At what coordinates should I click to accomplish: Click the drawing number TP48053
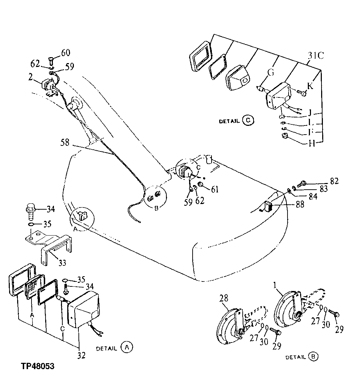point(37,366)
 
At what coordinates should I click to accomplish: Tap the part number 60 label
point(65,53)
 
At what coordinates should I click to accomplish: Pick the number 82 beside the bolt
point(334,182)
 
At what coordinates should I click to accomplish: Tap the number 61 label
point(215,189)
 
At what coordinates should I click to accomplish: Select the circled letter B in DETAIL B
point(313,357)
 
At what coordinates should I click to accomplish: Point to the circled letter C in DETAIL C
point(248,121)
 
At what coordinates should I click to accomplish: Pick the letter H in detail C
point(311,143)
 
